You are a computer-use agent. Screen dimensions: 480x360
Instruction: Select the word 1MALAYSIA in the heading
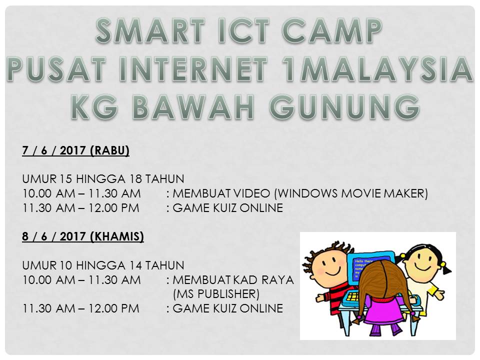(x=378, y=69)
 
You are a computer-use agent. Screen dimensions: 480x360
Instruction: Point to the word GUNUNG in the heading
(x=344, y=107)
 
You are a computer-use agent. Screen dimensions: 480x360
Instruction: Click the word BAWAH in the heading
(x=193, y=107)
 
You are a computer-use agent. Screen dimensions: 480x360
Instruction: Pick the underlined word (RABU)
(x=110, y=150)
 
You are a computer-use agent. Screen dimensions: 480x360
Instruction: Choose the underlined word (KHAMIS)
(x=117, y=236)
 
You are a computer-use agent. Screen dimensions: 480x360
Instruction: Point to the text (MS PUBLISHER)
(x=216, y=294)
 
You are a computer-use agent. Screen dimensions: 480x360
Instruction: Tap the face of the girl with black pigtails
(x=422, y=261)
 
